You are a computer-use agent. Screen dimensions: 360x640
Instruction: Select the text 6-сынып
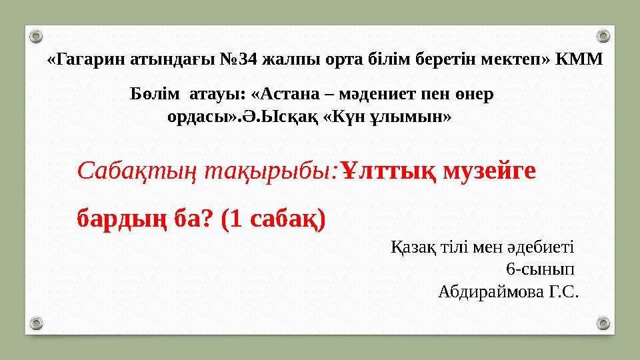tap(541, 269)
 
